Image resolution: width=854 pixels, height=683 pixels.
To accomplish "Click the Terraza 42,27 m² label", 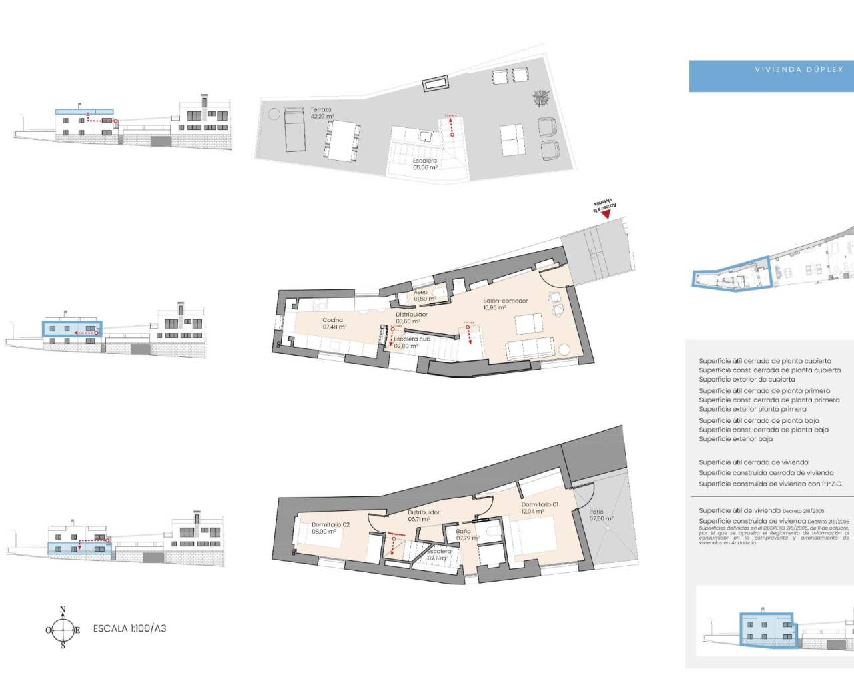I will pos(321,113).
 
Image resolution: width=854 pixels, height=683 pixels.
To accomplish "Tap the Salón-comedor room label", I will pos(505,304).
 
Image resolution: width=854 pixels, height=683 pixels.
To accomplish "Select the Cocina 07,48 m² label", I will pos(334,323).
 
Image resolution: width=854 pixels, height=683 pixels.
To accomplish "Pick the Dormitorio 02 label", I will pos(330,528).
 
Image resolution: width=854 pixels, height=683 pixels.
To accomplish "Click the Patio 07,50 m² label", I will pos(600,515).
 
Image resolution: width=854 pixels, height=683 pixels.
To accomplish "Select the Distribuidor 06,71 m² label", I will pos(423,515).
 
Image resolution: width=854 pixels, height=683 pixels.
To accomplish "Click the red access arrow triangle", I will pos(606,213).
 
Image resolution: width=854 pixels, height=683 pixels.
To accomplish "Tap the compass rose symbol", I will pos(63,628).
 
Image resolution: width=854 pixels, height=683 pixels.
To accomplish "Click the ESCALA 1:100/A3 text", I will pos(129,628).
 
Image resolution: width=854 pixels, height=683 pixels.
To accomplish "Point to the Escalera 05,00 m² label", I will pos(424,164).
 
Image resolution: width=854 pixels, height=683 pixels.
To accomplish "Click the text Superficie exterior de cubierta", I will pos(747,379).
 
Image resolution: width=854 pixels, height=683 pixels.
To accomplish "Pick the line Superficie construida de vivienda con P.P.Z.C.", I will pos(770,484).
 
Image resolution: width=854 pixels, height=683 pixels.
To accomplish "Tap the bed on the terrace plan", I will pos(294,129).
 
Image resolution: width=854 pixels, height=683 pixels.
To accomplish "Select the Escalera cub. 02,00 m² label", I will pos(412,342).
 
